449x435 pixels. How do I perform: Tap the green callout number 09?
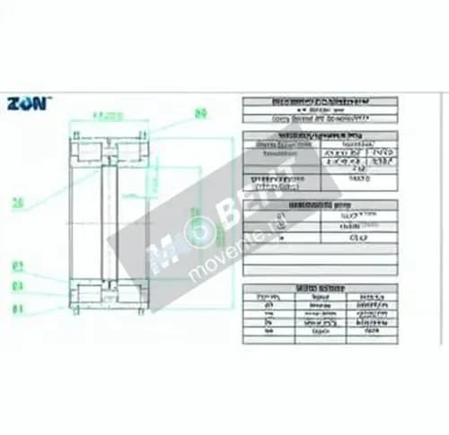click(200, 113)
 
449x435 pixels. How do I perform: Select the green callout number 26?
click(17, 204)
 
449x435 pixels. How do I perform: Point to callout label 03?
click(17, 266)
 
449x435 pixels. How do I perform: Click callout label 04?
click(17, 287)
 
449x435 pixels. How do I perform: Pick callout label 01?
click(17, 309)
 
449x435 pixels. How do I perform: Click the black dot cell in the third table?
click(282, 239)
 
